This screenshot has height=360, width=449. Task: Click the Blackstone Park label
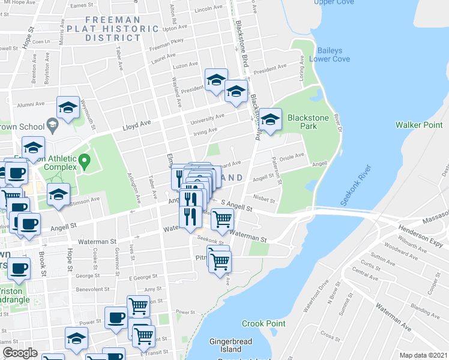(x=308, y=122)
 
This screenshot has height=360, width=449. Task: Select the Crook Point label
(x=264, y=323)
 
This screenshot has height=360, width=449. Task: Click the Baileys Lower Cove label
(x=330, y=55)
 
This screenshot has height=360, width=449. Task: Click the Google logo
(x=20, y=353)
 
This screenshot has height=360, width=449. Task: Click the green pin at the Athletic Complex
(x=85, y=161)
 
